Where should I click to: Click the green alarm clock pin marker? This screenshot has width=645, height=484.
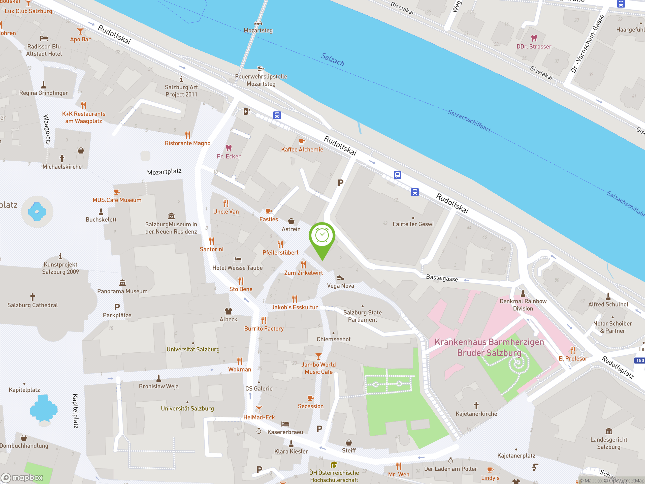[322, 236]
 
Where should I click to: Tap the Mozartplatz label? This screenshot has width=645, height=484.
[164, 172]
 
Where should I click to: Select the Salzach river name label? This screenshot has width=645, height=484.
[332, 59]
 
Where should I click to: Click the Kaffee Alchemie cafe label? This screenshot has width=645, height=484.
[302, 149]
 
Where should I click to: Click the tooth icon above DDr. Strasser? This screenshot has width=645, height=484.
[534, 38]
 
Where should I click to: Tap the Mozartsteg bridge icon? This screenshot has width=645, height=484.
[258, 23]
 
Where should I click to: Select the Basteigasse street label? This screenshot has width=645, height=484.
[442, 278]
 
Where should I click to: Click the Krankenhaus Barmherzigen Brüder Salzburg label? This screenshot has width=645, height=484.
[489, 347]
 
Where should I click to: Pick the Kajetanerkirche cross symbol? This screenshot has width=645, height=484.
[476, 406]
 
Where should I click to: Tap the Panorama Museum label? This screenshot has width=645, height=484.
[122, 291]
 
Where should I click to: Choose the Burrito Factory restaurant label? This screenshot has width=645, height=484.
[264, 328]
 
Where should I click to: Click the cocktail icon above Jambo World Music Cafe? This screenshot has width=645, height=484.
[318, 356]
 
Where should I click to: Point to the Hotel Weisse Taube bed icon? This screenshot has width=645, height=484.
[237, 259]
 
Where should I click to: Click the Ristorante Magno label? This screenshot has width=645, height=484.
[187, 143]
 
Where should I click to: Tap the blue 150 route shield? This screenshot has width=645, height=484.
[639, 360]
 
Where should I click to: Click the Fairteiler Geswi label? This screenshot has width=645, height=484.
[413, 224]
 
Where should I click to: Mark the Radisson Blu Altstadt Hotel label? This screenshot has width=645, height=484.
[44, 50]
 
